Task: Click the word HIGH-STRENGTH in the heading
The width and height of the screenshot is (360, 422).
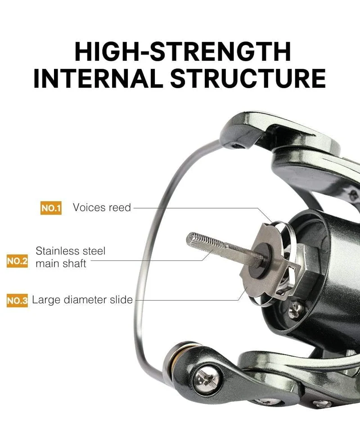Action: click(x=183, y=51)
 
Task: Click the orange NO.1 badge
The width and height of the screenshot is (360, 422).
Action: click(x=51, y=208)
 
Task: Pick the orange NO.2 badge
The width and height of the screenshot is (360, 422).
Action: click(x=17, y=261)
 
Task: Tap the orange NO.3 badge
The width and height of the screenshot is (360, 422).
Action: click(x=17, y=300)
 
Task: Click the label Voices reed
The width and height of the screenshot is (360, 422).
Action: click(x=102, y=207)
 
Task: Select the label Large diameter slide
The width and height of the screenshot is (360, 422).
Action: click(x=82, y=300)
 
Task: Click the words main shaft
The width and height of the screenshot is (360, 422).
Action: click(x=61, y=264)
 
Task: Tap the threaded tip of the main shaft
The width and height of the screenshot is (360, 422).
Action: click(x=192, y=239)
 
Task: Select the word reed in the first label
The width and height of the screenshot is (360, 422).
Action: click(x=120, y=207)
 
